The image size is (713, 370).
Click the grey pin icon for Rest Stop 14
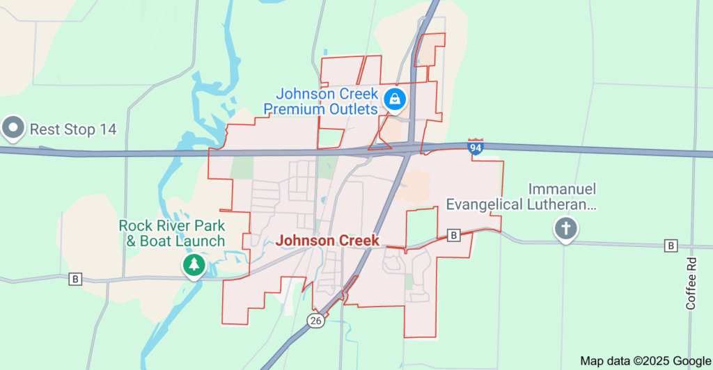click(13, 127)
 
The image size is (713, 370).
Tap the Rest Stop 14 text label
click(72, 129)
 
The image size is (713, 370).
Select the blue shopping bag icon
click(395, 99)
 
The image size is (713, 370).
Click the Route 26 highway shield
click(315, 321)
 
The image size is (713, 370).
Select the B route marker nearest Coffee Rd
click(671, 246)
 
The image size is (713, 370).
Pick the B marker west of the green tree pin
click(75, 280)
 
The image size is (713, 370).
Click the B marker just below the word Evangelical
click(454, 235)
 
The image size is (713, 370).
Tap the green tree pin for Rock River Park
click(194, 264)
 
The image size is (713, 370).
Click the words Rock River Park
click(172, 225)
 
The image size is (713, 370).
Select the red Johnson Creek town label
click(328, 241)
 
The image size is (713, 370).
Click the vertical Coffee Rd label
click(691, 283)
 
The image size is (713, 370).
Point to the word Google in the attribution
click(691, 360)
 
